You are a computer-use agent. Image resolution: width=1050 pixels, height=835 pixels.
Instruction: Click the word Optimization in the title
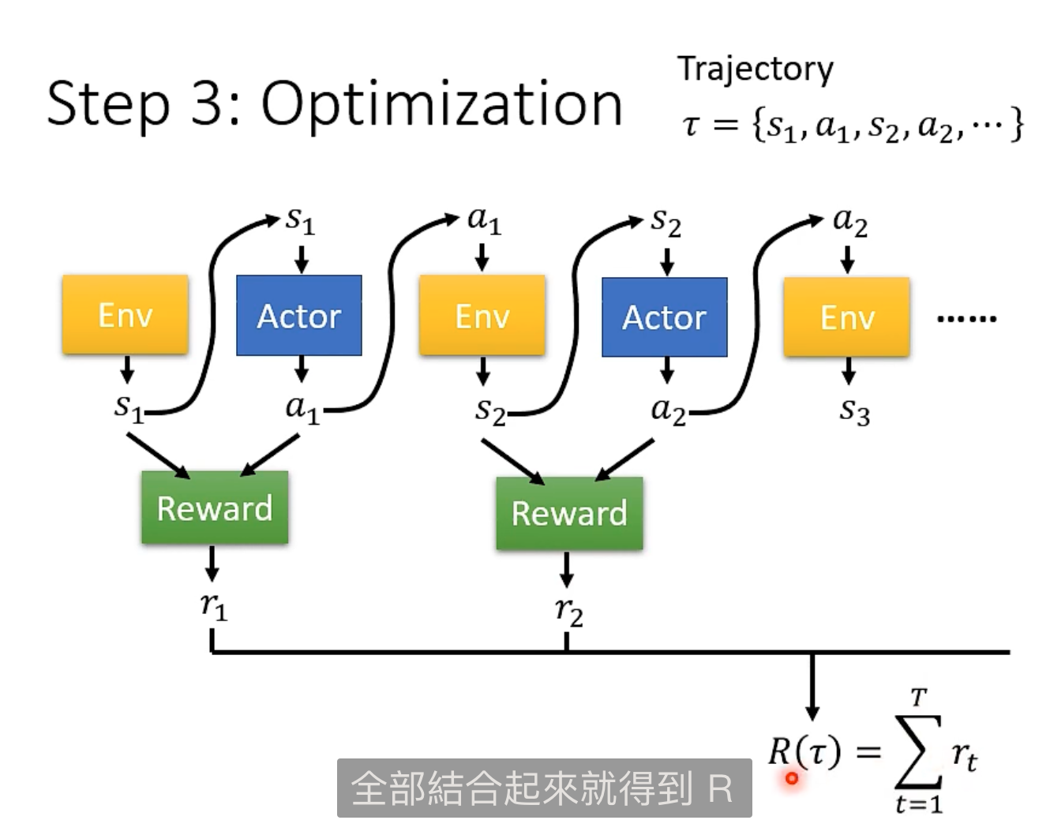(441, 105)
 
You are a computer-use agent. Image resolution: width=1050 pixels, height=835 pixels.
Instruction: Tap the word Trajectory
(755, 69)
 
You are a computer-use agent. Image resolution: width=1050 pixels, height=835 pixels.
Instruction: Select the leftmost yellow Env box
(126, 315)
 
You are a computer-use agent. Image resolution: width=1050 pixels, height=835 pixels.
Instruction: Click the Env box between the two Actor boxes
(482, 316)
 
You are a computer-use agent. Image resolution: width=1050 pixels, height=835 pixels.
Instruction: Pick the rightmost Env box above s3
(847, 317)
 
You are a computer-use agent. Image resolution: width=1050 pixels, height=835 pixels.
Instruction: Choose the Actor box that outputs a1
(299, 316)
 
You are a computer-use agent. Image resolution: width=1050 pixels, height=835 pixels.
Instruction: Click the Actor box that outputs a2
(665, 317)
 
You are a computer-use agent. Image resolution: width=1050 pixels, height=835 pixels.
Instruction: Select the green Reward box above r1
(215, 508)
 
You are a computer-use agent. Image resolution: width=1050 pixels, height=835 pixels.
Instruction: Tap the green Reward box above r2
(569, 514)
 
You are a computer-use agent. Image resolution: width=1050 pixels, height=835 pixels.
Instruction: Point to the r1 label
(213, 606)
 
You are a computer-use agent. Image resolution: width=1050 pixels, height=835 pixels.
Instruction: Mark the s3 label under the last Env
(854, 410)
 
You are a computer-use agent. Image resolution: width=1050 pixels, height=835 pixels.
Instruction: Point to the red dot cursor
(792, 779)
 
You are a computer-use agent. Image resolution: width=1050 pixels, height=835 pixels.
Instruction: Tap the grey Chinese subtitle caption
(544, 788)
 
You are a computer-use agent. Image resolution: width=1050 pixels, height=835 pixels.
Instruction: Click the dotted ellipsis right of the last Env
(966, 319)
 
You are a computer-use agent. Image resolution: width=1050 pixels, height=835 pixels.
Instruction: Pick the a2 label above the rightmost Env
(850, 221)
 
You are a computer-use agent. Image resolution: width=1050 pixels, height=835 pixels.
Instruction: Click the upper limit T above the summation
(918, 698)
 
